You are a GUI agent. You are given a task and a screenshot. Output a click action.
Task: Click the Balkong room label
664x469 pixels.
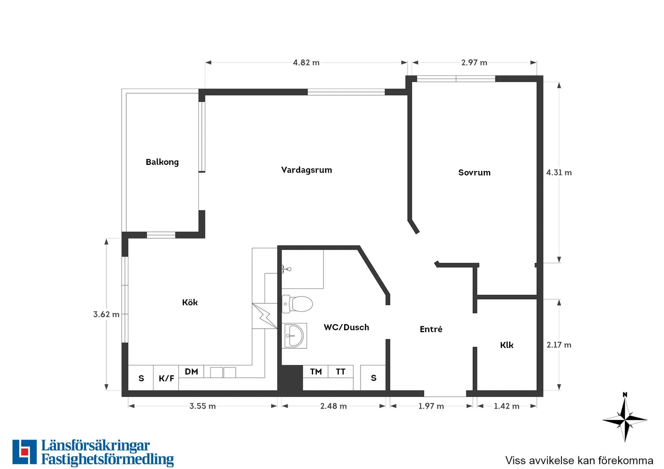tap(162, 162)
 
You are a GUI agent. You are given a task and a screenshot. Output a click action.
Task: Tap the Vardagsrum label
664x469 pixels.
tap(307, 170)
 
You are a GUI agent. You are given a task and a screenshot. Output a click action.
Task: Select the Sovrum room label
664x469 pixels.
tap(474, 173)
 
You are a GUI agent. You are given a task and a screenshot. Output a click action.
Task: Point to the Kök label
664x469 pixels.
tap(190, 302)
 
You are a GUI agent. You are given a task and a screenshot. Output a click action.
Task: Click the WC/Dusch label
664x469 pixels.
tap(346, 327)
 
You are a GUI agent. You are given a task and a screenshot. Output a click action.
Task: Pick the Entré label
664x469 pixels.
tap(431, 329)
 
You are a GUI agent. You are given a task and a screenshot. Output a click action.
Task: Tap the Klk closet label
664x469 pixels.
tap(507, 345)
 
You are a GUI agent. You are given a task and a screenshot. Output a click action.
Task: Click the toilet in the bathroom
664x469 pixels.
tap(297, 304)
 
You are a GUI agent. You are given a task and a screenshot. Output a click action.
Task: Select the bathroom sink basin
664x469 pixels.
tap(294, 336)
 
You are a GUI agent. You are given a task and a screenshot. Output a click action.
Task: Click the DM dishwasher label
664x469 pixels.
tap(191, 372)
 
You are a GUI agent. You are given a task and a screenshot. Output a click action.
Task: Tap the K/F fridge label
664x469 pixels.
tap(166, 378)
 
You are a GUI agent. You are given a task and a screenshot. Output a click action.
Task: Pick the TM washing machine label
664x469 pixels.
tap(316, 372)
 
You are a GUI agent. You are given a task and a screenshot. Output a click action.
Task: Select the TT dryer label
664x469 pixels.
tap(340, 372)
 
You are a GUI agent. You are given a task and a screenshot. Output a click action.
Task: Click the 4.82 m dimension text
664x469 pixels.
tap(306, 62)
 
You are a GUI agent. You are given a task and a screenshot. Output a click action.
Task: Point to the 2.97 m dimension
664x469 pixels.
tap(474, 62)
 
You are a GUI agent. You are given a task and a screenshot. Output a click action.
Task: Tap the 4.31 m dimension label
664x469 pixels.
tap(559, 173)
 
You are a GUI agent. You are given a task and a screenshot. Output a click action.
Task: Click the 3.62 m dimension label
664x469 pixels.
tap(106, 314)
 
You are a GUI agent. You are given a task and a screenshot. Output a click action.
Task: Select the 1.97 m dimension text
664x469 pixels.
tap(431, 406)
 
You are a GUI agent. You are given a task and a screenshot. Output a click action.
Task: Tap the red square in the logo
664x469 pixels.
tap(25, 452)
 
